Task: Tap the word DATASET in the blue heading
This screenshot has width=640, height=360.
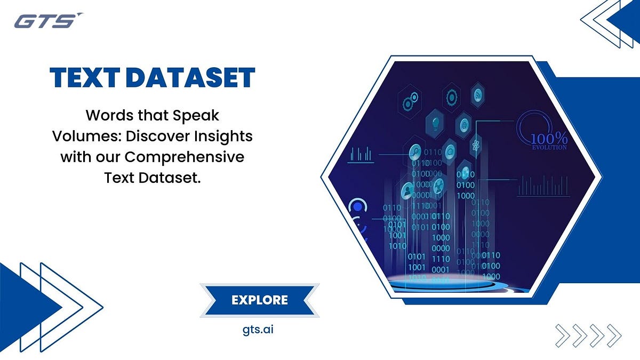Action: [x=192, y=78]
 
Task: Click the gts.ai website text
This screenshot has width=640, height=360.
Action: [x=258, y=329]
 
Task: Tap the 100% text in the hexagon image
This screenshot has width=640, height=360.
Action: [x=548, y=138]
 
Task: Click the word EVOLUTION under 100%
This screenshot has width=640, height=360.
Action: [x=549, y=148]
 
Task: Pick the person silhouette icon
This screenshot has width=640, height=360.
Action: [x=409, y=188]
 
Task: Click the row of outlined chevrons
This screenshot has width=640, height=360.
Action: [x=588, y=335]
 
